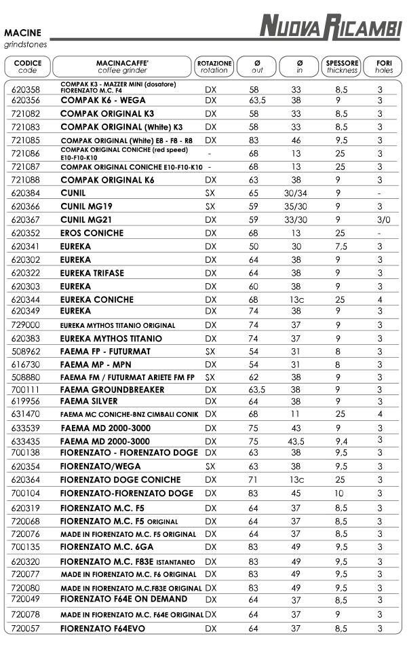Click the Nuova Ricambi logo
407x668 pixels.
pos(331,28)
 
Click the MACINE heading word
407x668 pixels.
pos(22,33)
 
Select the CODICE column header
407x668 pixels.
pos(28,66)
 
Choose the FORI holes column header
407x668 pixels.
pos(383,66)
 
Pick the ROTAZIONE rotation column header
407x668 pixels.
pos(214,66)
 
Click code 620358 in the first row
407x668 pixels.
pos(26,90)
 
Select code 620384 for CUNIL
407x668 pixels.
pos(26,193)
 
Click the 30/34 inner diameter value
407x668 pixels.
pos(296,193)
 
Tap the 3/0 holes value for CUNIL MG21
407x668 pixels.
pos(383,220)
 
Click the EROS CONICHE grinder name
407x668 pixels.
pos(92,233)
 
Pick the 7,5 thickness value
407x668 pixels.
pos(342,246)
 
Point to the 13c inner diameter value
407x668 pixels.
pos(296,299)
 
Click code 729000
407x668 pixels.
pos(26,326)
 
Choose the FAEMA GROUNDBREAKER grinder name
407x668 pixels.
pos(112,390)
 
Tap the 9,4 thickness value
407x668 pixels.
pos(342,441)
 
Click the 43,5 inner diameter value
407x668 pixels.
pos(296,441)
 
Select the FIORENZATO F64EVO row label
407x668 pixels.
pos(102,629)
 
